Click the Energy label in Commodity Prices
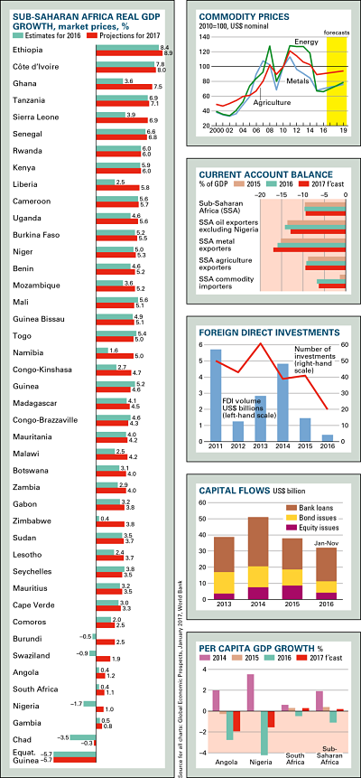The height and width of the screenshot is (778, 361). coord(307,42)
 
